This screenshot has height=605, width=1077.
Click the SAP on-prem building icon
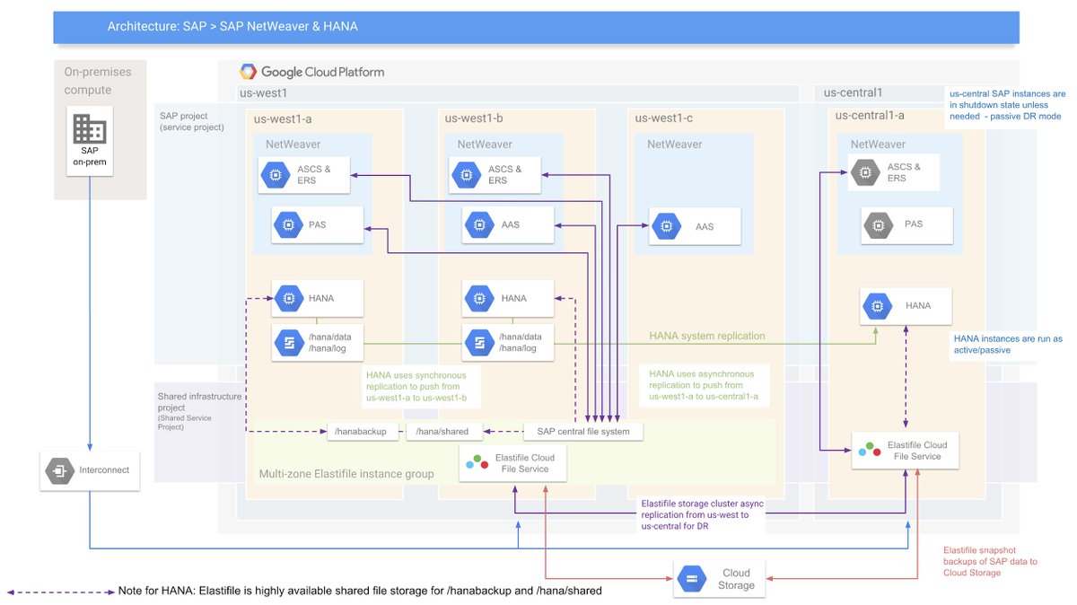pyautogui.click(x=89, y=130)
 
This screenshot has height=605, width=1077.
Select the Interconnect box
pyautogui.click(x=90, y=470)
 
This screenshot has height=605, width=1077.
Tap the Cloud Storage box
pyautogui.click(x=720, y=579)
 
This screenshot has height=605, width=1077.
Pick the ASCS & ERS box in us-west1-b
pyautogui.click(x=502, y=175)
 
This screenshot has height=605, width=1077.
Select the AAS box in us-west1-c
pyautogui.click(x=696, y=227)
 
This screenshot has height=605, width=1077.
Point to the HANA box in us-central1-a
pyautogui.click(x=906, y=306)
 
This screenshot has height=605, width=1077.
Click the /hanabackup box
pyautogui.click(x=361, y=432)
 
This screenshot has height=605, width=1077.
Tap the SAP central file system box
pyautogui.click(x=583, y=432)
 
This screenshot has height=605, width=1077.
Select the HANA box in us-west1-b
pyautogui.click(x=502, y=299)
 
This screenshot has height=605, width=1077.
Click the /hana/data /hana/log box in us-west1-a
pyautogui.click(x=317, y=343)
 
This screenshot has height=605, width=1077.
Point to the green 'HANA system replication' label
pyautogui.click(x=707, y=336)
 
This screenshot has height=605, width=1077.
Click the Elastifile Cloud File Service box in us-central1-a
pyautogui.click(x=906, y=451)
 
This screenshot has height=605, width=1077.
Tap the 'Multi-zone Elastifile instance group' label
pyautogui.click(x=346, y=474)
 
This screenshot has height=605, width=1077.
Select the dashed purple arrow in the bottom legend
pyautogui.click(x=58, y=592)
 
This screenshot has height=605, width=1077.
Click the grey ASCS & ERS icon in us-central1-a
pyautogui.click(x=865, y=172)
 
